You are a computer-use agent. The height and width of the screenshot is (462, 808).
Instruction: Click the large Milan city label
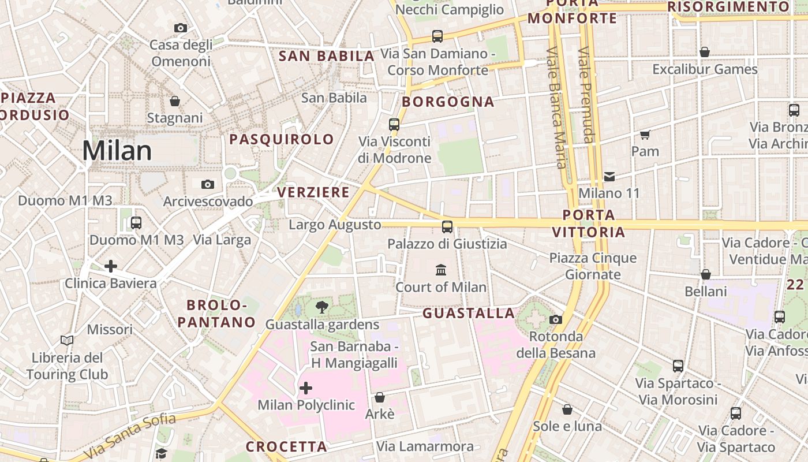coord(117,151)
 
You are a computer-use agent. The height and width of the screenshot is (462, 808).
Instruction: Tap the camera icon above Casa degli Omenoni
coord(181,28)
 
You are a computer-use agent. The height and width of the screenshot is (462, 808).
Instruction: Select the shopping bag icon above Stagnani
coord(175,102)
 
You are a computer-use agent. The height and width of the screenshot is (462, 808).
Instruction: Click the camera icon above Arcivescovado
coord(208,184)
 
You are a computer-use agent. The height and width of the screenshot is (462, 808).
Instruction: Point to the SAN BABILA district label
coord(327,56)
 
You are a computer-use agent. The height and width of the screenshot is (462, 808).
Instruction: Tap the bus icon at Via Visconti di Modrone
coord(394,124)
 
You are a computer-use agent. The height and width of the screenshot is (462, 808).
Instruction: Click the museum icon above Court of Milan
coord(441,270)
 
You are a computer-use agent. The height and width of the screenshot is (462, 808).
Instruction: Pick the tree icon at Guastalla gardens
coord(322,307)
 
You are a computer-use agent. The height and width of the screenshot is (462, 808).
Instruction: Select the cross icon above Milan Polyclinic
coord(306,388)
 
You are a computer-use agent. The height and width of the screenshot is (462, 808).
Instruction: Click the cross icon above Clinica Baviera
coord(111,266)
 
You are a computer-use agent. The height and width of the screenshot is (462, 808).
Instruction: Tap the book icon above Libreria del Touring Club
coord(67,341)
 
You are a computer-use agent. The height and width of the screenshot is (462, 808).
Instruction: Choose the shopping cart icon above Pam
coord(645,135)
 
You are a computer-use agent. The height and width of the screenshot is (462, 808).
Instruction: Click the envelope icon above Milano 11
coord(609,176)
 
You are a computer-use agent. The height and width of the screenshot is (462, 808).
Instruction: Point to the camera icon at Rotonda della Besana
coord(555,319)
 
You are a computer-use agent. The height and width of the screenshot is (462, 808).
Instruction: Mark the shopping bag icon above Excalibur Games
coord(704,53)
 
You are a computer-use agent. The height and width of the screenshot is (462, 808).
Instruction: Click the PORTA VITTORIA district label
coord(589,223)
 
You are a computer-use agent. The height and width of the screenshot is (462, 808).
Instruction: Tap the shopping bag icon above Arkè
coord(380,397)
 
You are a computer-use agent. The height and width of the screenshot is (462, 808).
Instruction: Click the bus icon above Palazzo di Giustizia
coord(447,227)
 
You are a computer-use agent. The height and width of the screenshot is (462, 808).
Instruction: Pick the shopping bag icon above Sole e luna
coord(567,409)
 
